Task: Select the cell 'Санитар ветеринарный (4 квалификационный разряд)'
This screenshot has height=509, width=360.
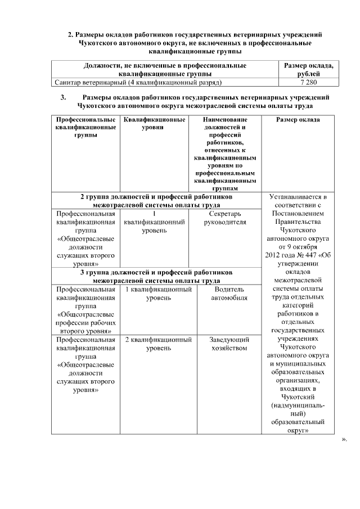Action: coord(137,83)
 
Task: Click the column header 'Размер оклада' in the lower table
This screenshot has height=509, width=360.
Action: coord(298,120)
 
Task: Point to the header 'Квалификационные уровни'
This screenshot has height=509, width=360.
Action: coord(154,124)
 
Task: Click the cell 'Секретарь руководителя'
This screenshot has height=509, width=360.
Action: coord(227,218)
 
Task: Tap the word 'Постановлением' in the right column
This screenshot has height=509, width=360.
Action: coord(298,214)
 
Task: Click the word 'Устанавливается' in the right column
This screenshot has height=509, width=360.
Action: coord(298,197)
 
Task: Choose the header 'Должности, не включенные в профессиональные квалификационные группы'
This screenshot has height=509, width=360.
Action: coord(165,70)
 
